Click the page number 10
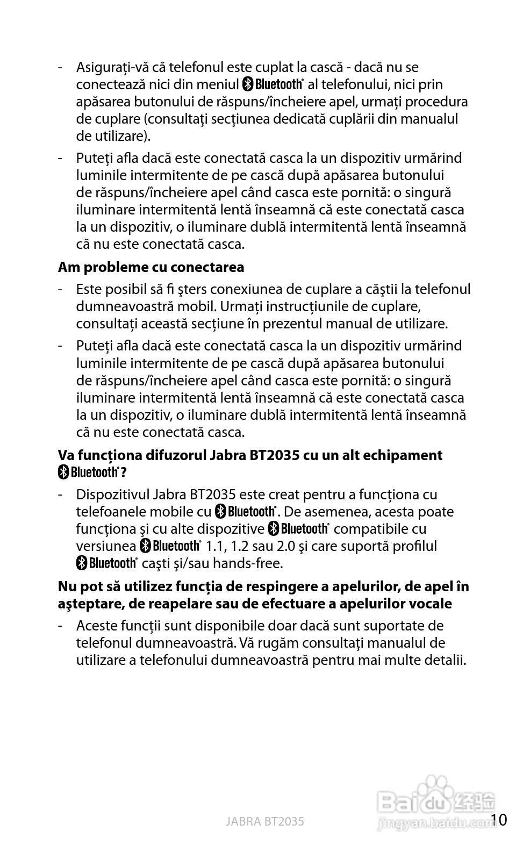pos(499,820)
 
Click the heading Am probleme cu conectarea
pos(151,267)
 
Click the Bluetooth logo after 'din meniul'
pos(274,84)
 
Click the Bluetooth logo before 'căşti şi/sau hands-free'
pos(106,563)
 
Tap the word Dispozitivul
pos(112,494)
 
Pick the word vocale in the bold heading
pos(430,604)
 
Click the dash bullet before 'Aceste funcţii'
pos(61,626)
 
